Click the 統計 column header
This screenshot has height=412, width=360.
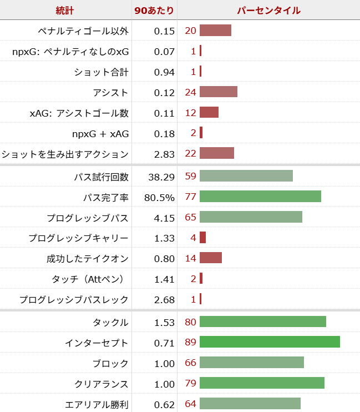[x=65, y=10]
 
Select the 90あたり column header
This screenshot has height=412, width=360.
[x=154, y=10]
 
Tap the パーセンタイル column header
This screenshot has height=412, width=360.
[x=269, y=10]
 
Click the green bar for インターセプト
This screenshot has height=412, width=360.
[x=270, y=343]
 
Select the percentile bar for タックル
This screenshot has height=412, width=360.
[x=263, y=322]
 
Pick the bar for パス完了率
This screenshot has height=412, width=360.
[x=260, y=197]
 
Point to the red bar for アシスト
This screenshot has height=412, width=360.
[x=219, y=92]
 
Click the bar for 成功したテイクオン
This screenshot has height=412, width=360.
[x=211, y=258]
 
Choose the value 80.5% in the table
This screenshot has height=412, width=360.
[x=160, y=197]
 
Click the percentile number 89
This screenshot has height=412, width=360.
[x=190, y=343]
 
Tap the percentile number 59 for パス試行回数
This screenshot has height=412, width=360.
[x=190, y=177]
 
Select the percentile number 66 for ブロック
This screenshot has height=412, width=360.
[x=190, y=363]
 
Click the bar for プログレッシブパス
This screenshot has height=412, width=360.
[x=251, y=217]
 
